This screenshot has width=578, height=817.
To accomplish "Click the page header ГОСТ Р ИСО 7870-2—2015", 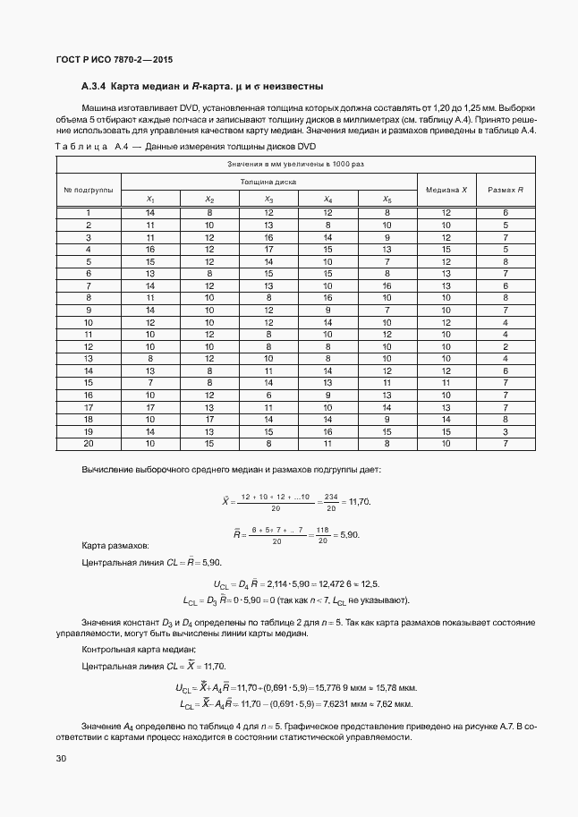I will coord(114,60).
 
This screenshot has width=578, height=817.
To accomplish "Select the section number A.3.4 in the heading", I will coord(94,87).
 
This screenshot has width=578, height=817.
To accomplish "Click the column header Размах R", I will coord(506,190).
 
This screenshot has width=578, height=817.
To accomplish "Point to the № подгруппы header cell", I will coord(88,190).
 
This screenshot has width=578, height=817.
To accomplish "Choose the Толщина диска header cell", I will coord(268,182).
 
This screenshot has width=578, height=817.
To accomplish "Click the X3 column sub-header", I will coord(268,199).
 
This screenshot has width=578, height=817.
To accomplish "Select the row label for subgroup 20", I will coord(88,442).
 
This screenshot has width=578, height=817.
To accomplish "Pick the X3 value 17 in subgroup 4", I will coord(268,249).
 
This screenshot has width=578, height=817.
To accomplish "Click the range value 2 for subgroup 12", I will coord(506,345).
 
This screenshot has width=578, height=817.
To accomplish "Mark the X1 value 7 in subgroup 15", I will coord(150,382).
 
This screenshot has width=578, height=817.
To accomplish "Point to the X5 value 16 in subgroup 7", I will coord(387,285).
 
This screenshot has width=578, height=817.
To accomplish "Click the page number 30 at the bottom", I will coord(61,759).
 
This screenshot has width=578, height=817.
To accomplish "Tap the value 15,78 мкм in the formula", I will coord(401,687).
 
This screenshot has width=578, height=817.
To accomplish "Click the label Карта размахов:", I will coord(115,545).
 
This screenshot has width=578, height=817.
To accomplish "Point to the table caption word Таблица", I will coord(81,147).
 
